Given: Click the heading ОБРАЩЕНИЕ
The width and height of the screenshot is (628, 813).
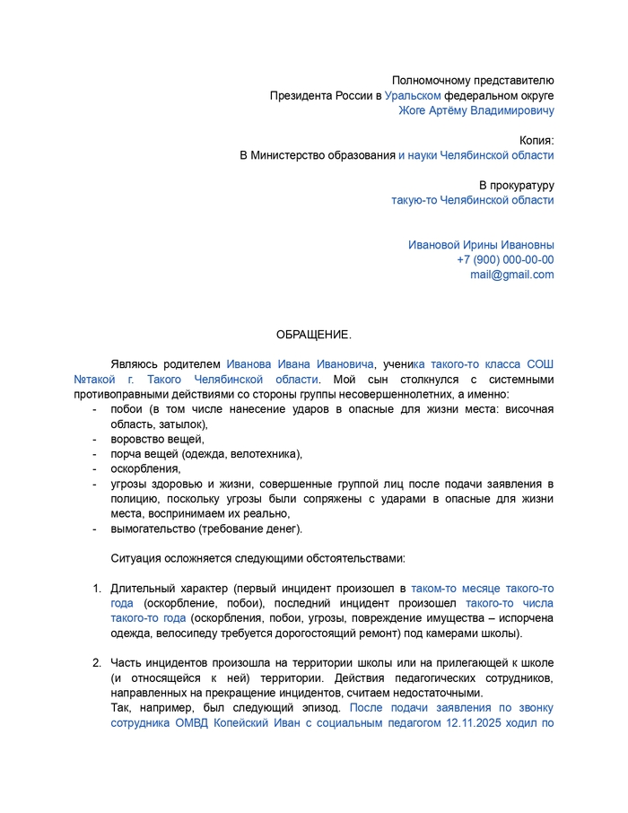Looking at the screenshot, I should click(x=313, y=335).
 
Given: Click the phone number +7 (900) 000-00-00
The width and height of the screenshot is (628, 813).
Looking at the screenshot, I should click(x=505, y=260).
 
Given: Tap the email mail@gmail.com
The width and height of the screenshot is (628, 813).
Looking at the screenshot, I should click(x=511, y=275).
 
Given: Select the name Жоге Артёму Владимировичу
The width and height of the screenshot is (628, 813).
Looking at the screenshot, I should click(x=475, y=110).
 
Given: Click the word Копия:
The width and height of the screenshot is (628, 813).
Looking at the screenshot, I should click(x=536, y=140).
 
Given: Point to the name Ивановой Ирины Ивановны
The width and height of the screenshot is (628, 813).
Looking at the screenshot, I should click(x=481, y=245).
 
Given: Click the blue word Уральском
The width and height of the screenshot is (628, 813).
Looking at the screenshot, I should click(x=413, y=95).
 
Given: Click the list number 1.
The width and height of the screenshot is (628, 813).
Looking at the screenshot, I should click(x=97, y=588).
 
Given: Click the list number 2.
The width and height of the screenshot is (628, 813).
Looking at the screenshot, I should click(x=97, y=662).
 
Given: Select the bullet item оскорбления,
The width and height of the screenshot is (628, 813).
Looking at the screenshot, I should click(x=145, y=468).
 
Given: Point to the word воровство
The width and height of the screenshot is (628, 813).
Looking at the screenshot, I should click(x=137, y=439).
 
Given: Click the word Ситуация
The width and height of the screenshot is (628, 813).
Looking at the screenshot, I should click(x=135, y=558).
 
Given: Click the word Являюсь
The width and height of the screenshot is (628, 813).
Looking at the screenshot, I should click(x=135, y=364).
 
